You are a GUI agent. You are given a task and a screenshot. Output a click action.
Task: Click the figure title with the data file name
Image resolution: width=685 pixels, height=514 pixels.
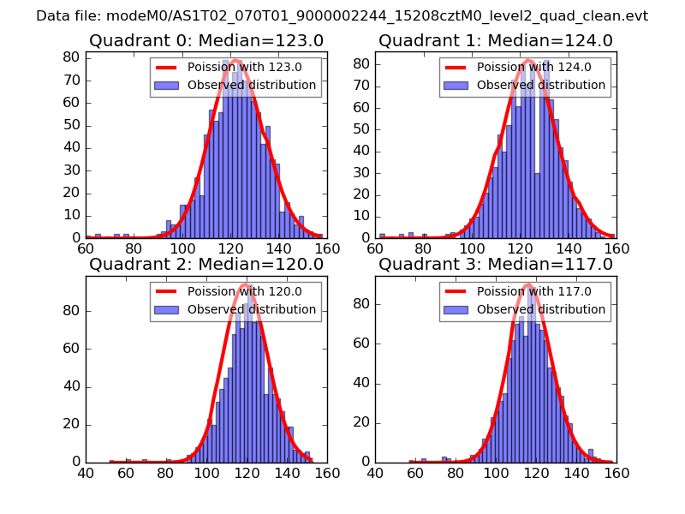342,16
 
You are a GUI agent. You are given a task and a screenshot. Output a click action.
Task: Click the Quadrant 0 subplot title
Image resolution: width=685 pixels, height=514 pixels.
205,40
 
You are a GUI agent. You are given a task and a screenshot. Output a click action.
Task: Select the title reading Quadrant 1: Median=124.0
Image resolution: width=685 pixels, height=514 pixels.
496,40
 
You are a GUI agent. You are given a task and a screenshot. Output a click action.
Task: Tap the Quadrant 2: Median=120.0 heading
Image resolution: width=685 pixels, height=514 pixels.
205,265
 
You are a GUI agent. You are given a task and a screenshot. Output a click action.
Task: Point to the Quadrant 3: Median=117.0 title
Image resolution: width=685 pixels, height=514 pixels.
496,265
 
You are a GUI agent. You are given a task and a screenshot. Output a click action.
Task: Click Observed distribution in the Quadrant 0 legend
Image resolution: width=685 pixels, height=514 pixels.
252,86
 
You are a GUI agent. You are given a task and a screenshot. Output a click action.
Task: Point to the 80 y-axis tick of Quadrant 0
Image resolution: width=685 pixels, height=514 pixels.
71,57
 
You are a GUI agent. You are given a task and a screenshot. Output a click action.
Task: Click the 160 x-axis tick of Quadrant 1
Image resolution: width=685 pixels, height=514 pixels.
616,249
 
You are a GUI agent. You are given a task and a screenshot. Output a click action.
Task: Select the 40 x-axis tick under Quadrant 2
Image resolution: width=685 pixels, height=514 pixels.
86,473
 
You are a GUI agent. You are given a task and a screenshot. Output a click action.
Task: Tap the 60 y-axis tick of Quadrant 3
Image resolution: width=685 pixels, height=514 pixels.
360,348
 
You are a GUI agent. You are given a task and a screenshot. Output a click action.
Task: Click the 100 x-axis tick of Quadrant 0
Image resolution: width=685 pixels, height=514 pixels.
182,249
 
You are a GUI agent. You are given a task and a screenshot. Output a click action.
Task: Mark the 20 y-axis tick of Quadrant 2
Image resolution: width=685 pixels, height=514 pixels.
71,424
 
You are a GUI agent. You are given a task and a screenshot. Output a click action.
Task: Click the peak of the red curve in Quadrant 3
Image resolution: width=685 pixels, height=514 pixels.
527,284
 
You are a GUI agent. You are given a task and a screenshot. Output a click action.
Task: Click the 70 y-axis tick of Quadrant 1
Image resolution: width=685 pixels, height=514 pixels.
360,85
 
